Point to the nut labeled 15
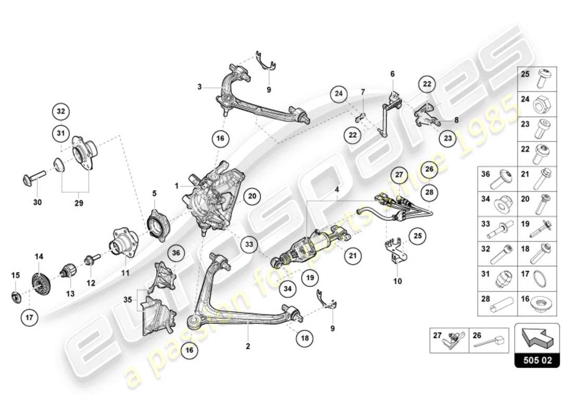16,297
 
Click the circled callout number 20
252,196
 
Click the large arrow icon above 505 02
537,338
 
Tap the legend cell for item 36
497,180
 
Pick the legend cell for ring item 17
537,279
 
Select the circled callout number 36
176,253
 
